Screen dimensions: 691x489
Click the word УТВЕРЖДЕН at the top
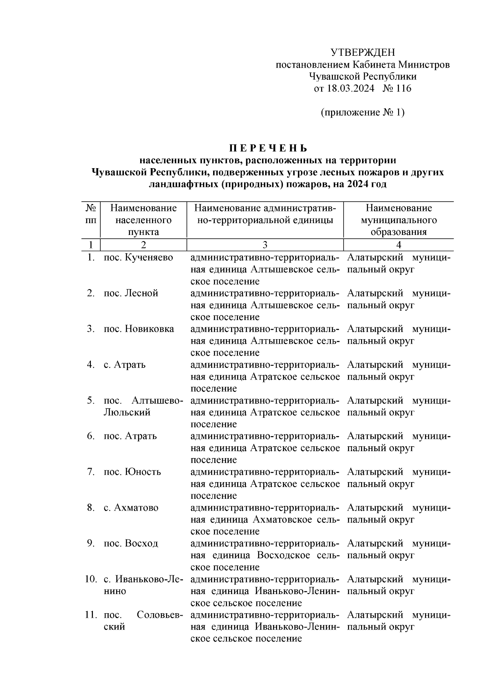click(x=362, y=53)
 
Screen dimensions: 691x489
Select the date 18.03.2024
click(x=350, y=88)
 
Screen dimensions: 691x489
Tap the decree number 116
click(x=403, y=88)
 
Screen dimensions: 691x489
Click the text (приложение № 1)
click(x=362, y=112)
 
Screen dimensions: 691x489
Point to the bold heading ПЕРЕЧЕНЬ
click(x=267, y=148)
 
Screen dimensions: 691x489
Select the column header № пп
click(x=91, y=214)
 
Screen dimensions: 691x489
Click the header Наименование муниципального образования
click(x=398, y=220)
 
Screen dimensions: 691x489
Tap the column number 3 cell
click(x=265, y=245)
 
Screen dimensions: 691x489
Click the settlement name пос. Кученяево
click(x=138, y=257)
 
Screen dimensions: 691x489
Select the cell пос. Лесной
click(x=131, y=293)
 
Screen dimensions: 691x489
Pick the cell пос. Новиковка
click(x=139, y=329)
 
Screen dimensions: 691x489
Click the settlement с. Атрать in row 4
click(x=124, y=365)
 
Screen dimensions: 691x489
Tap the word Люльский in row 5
click(x=127, y=412)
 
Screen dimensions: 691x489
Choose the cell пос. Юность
click(x=132, y=472)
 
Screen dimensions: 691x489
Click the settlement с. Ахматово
click(x=131, y=508)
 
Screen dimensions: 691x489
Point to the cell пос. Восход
click(x=131, y=544)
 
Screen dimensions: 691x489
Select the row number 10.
click(x=90, y=579)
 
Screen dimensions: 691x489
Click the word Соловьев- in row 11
click(x=160, y=615)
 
